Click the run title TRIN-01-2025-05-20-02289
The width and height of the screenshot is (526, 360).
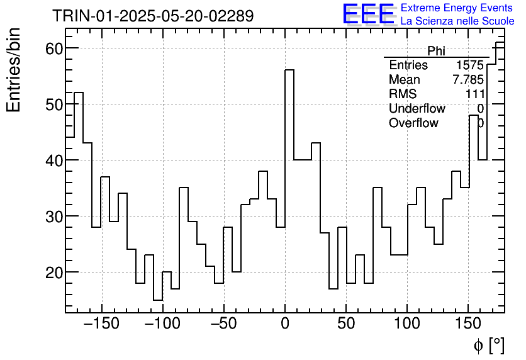(153, 16)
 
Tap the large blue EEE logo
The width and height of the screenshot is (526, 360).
(369, 14)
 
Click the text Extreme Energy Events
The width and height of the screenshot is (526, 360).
(457, 8)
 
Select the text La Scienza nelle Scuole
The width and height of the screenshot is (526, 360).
(457, 21)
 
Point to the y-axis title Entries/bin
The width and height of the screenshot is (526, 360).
(14, 70)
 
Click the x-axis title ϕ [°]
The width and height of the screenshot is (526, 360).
(488, 345)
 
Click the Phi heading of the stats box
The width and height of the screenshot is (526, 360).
(436, 51)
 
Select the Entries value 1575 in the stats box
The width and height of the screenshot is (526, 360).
(470, 65)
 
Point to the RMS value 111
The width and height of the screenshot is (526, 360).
(474, 94)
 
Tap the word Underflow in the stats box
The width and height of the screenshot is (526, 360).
(417, 109)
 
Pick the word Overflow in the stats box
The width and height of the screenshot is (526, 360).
(413, 123)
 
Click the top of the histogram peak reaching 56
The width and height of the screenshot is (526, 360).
(289, 70)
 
